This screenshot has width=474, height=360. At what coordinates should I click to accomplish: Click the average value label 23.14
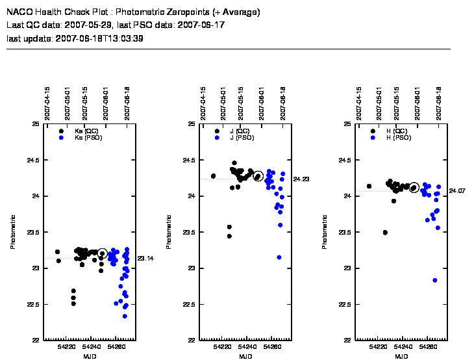(x=145, y=259)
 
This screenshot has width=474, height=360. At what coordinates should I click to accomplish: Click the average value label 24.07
(x=457, y=191)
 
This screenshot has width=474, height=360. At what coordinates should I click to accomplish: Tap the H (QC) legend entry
(x=396, y=131)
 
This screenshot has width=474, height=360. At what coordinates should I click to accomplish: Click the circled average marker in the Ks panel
(x=102, y=253)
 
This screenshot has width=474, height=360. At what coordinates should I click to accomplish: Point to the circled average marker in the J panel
(x=258, y=176)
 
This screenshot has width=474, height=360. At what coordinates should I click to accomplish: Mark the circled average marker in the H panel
(x=414, y=188)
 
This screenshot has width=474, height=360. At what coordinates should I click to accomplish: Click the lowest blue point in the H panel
(x=434, y=280)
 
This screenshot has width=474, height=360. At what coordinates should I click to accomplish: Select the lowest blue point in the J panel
(x=279, y=257)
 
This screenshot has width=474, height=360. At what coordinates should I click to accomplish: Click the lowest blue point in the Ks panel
(x=125, y=316)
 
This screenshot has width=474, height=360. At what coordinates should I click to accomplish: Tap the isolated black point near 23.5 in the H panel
(x=385, y=233)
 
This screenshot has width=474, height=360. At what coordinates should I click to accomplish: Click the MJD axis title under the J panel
(x=245, y=357)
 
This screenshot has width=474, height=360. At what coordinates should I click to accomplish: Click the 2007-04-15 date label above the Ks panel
(x=48, y=101)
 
